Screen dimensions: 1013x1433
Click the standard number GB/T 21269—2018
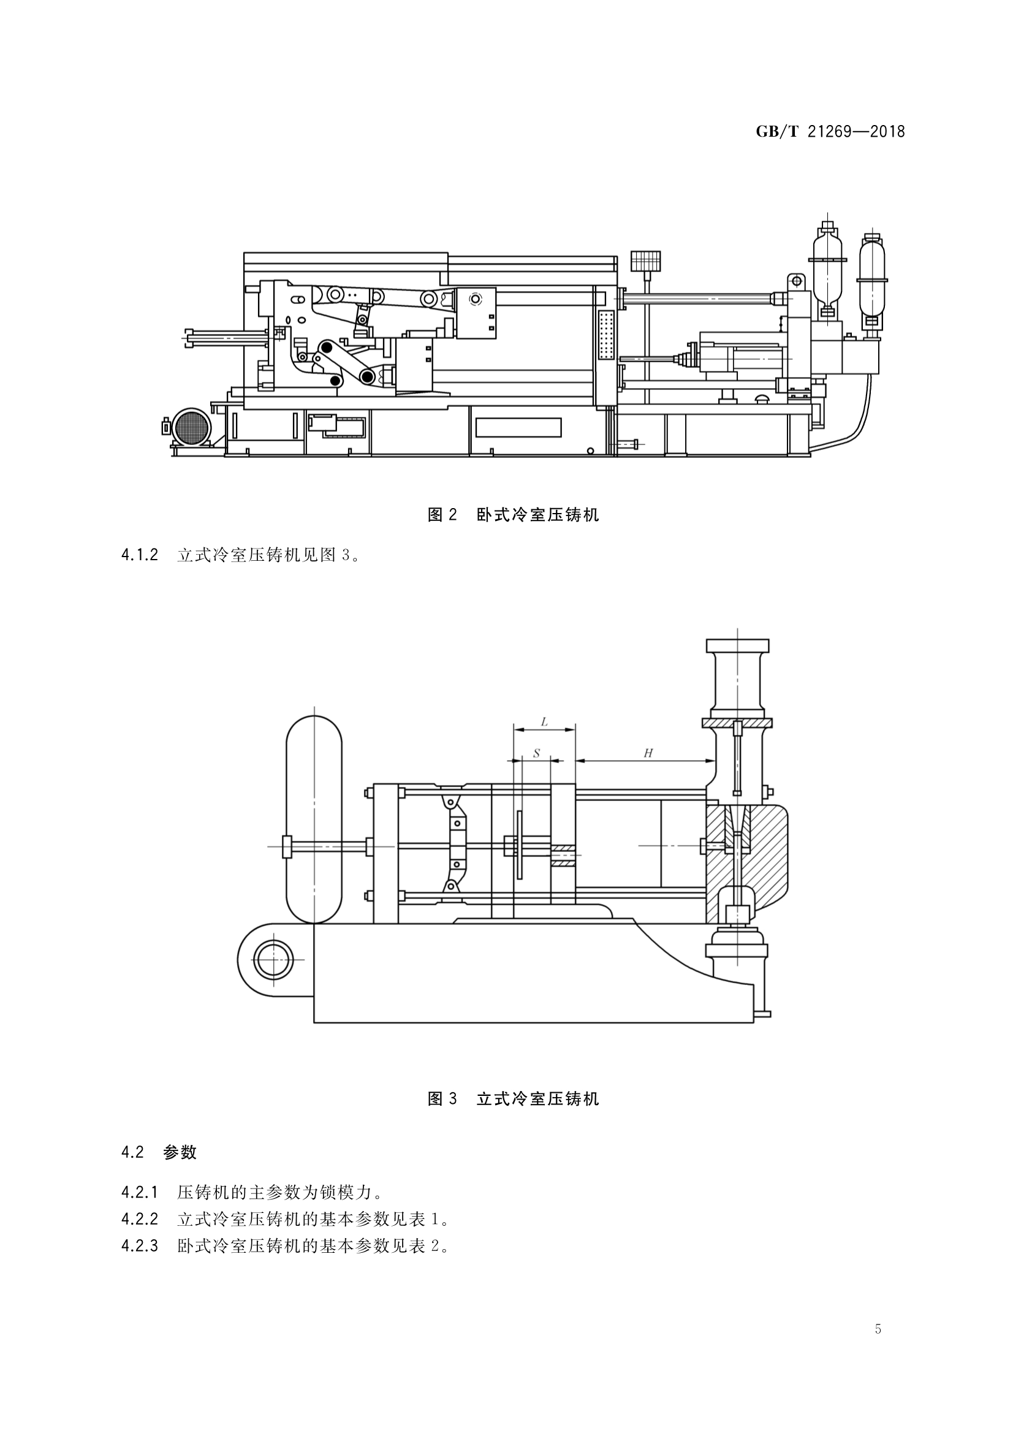coord(830,132)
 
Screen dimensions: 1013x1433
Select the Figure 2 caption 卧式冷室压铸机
coord(537,515)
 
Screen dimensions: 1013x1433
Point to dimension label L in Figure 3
coord(544,722)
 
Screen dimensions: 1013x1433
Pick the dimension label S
coord(536,753)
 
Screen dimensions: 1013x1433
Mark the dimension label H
coord(648,753)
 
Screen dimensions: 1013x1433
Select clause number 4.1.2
coord(140,555)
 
